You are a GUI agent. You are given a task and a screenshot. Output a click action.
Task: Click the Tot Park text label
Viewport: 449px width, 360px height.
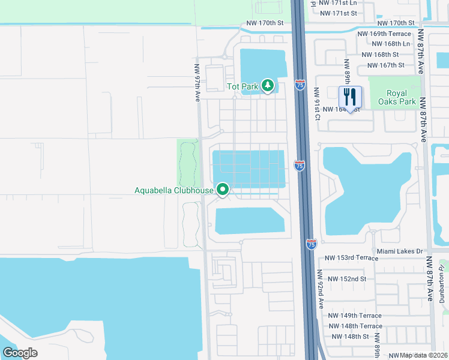click(243, 86)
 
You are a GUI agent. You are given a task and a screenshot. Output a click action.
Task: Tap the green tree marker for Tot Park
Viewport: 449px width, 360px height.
click(268, 86)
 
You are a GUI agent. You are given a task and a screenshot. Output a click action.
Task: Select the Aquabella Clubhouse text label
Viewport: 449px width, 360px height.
click(173, 191)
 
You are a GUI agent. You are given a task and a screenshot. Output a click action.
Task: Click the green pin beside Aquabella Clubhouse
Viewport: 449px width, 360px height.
click(223, 190)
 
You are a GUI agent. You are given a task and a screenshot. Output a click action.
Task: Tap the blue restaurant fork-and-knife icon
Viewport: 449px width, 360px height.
click(350, 97)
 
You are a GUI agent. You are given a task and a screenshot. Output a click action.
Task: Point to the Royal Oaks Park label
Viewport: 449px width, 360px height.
click(396, 98)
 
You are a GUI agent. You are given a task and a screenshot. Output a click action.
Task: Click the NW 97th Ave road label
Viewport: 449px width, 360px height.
click(196, 83)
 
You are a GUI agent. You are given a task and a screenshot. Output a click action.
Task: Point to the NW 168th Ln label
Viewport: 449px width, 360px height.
click(391, 44)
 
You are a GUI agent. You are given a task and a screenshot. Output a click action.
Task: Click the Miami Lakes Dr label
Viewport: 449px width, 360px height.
click(400, 251)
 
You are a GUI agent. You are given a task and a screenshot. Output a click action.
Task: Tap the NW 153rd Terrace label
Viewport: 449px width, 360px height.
click(352, 258)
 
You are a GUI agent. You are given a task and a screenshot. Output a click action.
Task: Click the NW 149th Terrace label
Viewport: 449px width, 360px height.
click(355, 316)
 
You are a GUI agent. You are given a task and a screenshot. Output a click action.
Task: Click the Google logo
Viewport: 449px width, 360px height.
click(19, 353)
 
